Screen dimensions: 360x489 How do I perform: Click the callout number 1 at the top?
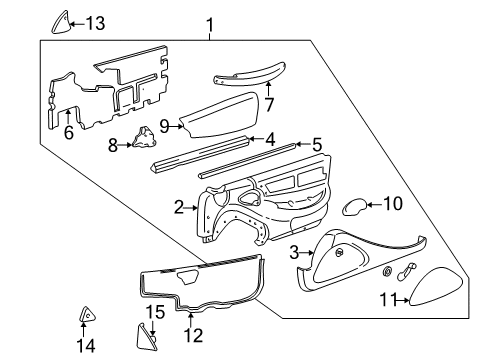[209, 23]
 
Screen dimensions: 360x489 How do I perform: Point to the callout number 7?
[267, 104]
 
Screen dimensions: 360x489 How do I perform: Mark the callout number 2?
[179, 208]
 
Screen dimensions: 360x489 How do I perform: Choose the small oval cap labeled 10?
[352, 208]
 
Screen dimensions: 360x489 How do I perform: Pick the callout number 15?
[152, 313]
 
